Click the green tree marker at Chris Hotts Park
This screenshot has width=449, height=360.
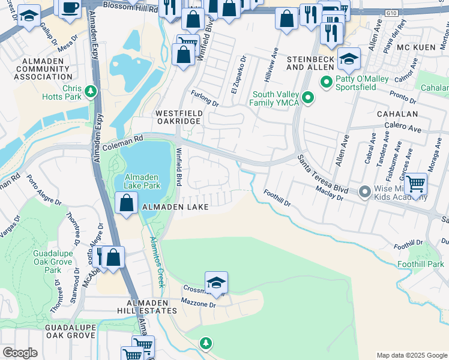91,91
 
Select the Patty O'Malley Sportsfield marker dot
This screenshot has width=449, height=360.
327,82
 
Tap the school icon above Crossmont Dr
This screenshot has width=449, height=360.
216,281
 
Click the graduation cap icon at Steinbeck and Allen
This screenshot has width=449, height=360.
349,58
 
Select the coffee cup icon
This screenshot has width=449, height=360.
70,7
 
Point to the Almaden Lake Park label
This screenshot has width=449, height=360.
142,181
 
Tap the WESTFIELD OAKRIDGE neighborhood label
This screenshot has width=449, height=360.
178,117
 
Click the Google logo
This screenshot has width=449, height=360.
20,353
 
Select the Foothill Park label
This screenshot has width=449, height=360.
420,264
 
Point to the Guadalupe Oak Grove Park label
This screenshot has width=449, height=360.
53,262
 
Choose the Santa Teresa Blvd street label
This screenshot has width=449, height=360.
323,173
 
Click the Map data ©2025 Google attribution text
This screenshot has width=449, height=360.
411,355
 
